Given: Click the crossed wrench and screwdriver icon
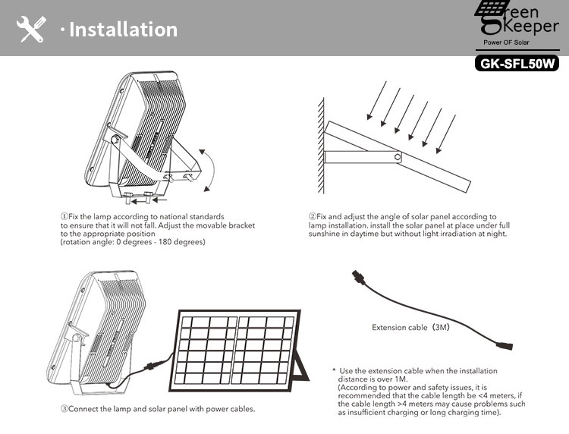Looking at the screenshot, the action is tap(31, 29).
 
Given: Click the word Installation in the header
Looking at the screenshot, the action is tap(124, 30).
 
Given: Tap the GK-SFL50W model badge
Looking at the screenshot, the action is tap(517, 64).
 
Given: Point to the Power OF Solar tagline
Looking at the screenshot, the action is tap(506, 42).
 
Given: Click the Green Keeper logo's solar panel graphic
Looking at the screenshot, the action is tap(490, 8).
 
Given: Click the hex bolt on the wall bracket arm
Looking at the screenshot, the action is tap(398, 157).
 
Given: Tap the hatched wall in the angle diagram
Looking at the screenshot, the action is tap(321, 146).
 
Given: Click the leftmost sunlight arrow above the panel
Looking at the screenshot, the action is tap(376, 100).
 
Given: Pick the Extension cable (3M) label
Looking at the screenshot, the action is tap(410, 327).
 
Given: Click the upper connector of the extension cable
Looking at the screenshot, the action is tap(357, 277).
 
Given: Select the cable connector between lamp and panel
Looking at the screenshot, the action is tap(151, 366).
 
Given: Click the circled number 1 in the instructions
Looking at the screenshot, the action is tap(64, 217).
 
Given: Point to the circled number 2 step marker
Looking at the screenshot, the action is tap(313, 217).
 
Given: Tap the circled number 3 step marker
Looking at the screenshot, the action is tap(64, 409).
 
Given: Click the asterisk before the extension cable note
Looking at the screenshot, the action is tap(334, 370).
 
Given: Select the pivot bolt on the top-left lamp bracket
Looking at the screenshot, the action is tap(115, 139).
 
